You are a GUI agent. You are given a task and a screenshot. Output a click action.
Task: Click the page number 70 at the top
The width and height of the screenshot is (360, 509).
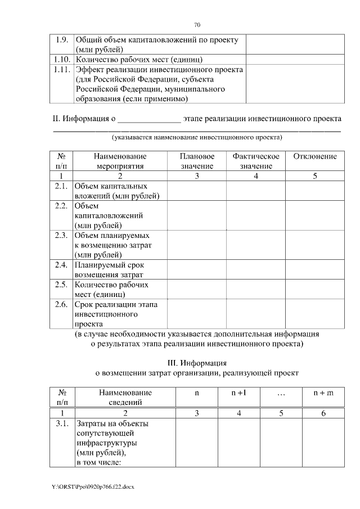pyautogui.click(x=197, y=25)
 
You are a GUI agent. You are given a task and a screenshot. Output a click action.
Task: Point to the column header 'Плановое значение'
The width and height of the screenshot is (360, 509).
pyautogui.click(x=197, y=161)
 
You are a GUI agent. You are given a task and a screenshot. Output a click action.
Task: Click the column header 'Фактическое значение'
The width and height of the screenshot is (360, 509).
pyautogui.click(x=256, y=161)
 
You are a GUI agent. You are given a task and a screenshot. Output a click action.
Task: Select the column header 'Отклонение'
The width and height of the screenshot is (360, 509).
pyautogui.click(x=315, y=156)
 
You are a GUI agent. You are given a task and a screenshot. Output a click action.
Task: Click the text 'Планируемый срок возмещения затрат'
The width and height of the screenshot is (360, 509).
pyautogui.click(x=109, y=269)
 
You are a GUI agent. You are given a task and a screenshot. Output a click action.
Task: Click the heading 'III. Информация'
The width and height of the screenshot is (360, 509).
pyautogui.click(x=197, y=362)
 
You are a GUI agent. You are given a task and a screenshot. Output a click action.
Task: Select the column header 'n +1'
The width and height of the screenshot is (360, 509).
pyautogui.click(x=239, y=393)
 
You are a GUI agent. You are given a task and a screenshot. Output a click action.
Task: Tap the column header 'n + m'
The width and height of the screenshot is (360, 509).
pyautogui.click(x=323, y=393)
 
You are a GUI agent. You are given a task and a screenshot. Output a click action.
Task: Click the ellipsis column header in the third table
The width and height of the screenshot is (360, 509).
pyautogui.click(x=281, y=393)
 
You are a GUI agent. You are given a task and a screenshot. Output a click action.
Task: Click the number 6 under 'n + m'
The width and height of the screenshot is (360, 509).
pyautogui.click(x=323, y=413)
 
